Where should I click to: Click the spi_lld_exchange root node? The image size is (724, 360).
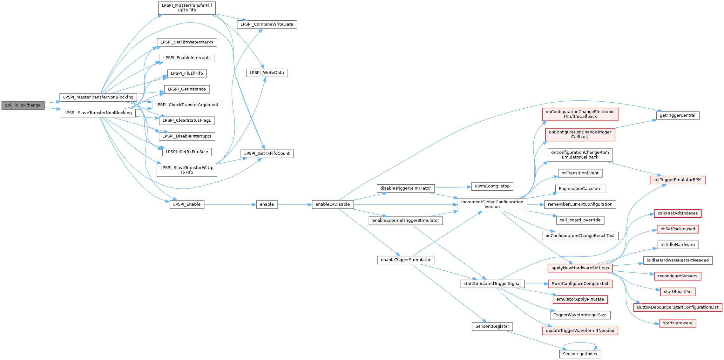pos(23,105)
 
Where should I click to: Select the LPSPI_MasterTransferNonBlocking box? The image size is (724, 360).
pos(98,97)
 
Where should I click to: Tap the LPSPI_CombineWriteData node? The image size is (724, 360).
pos(267,24)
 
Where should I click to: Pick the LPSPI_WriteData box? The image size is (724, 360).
pos(267,73)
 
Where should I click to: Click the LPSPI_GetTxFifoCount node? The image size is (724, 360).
pos(267,153)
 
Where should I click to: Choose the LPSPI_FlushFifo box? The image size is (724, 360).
pos(187,73)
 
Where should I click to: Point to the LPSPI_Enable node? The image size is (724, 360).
pos(187,204)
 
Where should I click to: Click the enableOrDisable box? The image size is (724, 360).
pos(333,204)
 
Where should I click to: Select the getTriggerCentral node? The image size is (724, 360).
pos(678,115)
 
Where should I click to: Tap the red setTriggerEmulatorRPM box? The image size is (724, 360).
pos(678,180)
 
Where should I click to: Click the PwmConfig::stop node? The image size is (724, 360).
pos(492,186)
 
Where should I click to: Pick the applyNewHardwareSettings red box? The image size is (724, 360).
pos(580,268)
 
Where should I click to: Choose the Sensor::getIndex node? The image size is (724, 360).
pos(580,354)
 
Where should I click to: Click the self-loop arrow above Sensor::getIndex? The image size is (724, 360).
pos(580,343)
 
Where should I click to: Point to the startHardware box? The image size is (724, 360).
pos(678,323)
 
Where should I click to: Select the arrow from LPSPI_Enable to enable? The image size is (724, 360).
pos(230,205)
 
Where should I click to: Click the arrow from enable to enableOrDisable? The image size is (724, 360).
pos(295,205)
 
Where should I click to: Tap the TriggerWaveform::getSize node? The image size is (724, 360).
pos(580,315)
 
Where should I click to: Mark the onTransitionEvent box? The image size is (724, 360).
pos(580,173)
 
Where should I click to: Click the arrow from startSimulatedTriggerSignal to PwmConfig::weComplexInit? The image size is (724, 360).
pos(536,284)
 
